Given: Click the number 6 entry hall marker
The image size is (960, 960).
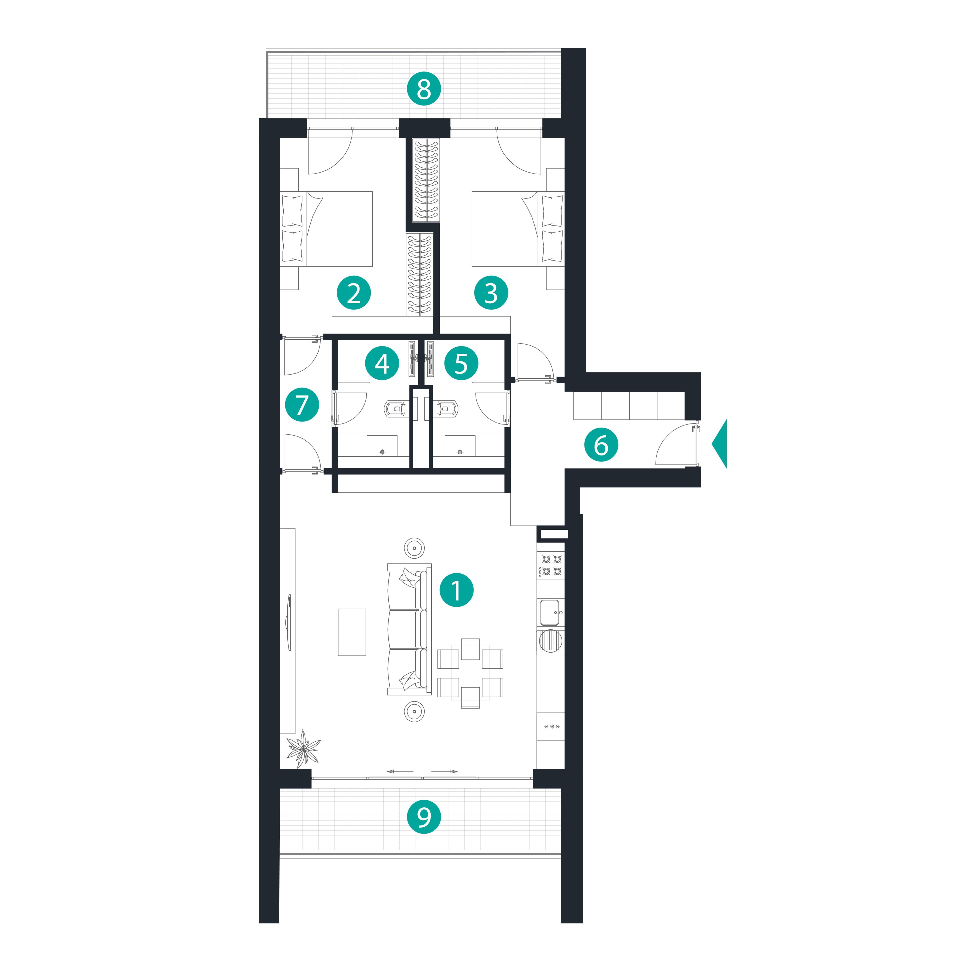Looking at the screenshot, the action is coord(601,445).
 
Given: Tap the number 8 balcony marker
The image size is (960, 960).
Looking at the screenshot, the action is coord(424,89).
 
